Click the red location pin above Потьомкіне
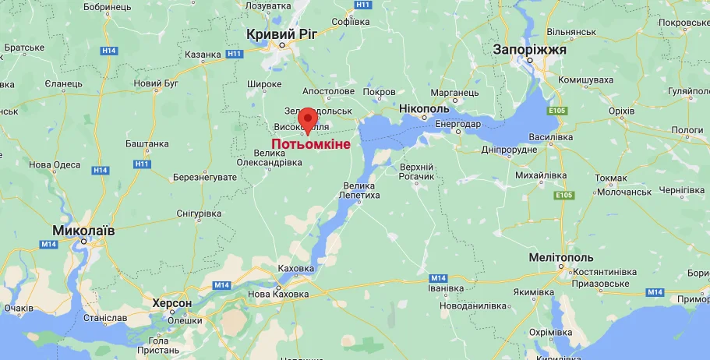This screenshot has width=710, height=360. tap(307, 118)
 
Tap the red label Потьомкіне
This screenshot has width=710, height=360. tap(311, 144)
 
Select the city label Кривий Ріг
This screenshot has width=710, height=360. tap(282, 34)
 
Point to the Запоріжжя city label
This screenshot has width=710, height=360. tap(530, 50)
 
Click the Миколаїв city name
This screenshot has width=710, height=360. tap(83, 231)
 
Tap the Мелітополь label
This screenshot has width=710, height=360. tap(561, 258)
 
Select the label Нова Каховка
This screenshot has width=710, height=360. tap(277, 295)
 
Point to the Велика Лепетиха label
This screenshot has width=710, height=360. tap(359, 190)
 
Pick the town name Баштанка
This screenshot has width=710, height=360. tap(147, 143)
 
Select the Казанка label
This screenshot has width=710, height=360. tap(203, 55)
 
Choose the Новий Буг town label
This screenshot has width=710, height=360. tap(157, 83)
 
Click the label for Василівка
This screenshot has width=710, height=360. tap(556, 136)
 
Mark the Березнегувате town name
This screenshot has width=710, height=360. tap(205, 178)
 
